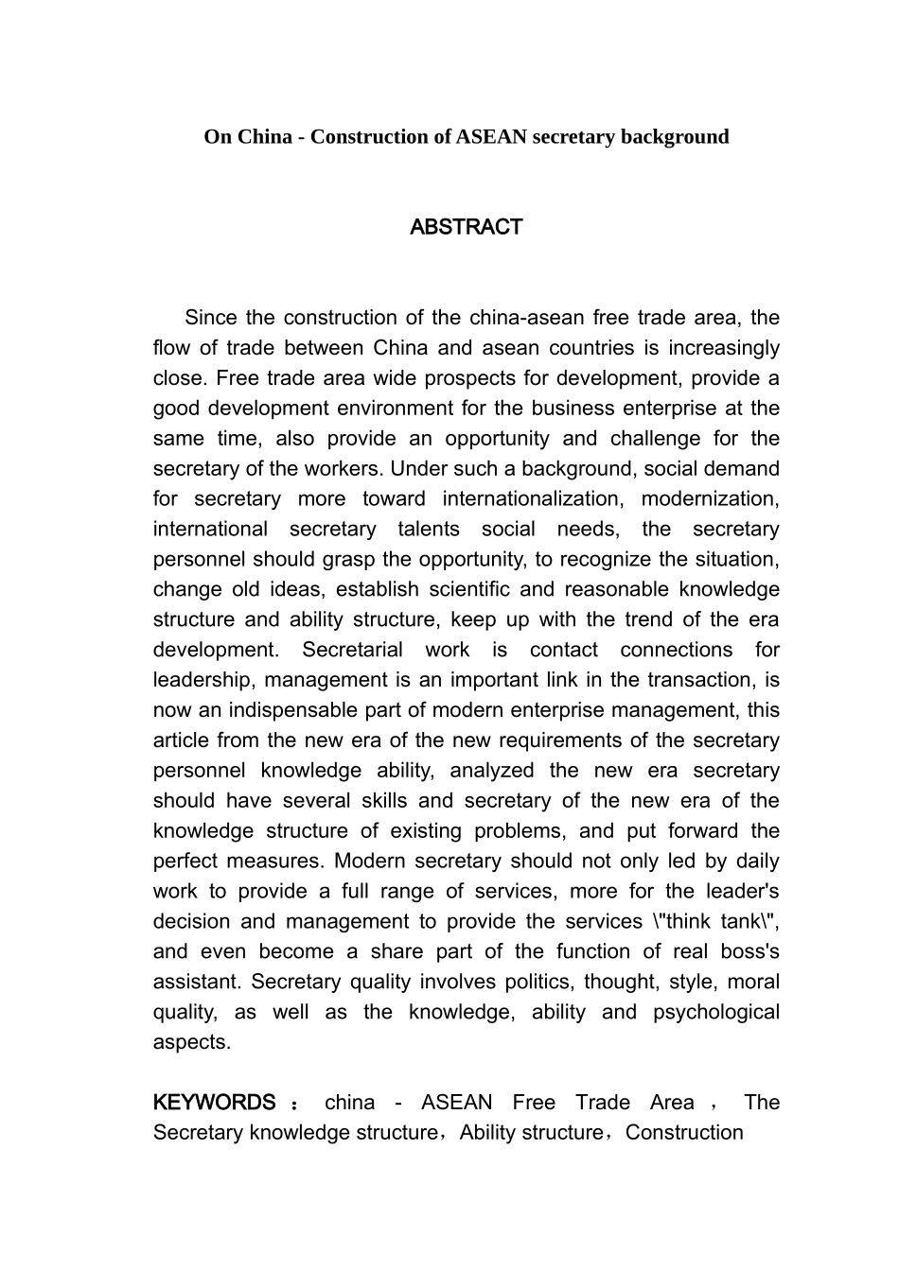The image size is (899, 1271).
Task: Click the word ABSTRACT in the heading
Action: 466,227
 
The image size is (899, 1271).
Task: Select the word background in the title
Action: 673,137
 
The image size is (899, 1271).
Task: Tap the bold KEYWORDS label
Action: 214,1103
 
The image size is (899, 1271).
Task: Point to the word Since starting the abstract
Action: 211,318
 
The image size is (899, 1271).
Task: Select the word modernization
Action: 711,499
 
